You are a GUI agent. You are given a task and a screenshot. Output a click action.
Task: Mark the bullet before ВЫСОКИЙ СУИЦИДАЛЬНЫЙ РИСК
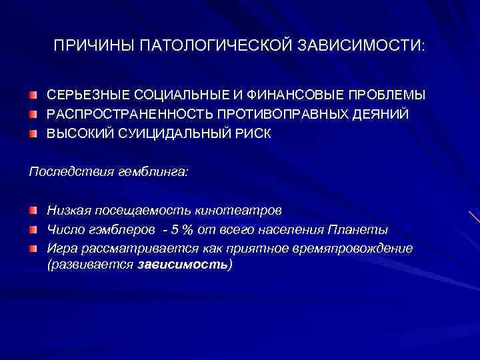[x=33, y=133]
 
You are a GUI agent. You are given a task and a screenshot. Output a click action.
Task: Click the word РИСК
[x=253, y=133]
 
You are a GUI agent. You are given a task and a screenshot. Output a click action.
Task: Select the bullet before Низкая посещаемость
[x=33, y=211]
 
